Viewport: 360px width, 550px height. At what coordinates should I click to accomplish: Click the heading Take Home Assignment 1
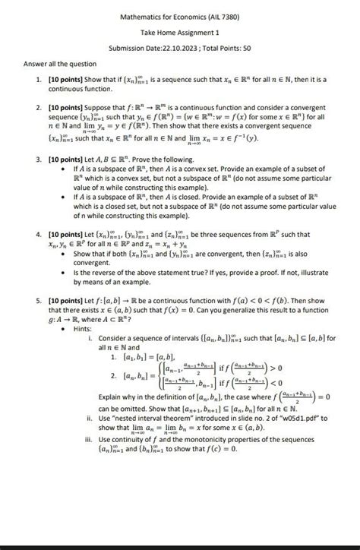[180, 33]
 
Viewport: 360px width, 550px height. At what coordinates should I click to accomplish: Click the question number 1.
[38, 79]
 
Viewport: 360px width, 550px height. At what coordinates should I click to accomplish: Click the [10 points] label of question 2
[67, 109]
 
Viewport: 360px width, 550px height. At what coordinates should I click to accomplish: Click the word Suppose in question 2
[103, 109]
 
